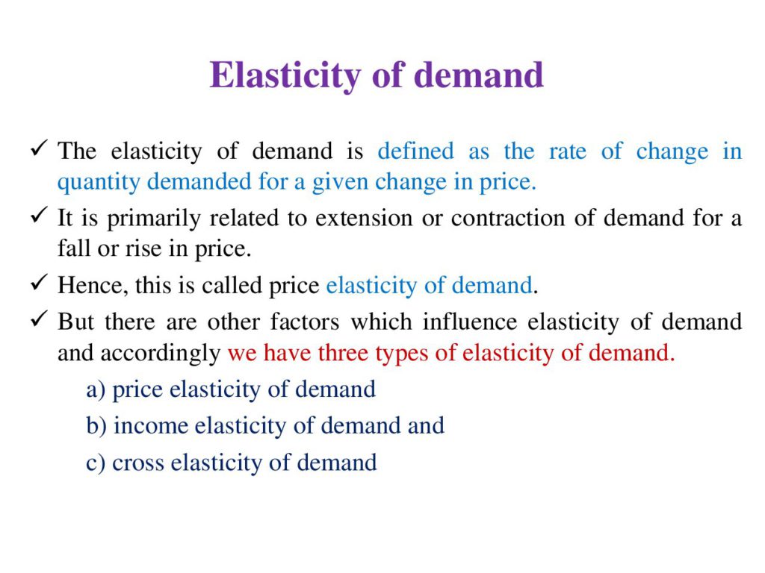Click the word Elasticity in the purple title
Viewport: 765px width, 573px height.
285,76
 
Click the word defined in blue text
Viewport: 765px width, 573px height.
415,151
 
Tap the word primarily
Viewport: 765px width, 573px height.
154,219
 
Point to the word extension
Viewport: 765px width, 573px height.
364,218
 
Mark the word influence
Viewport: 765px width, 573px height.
470,322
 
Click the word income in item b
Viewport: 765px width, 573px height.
151,426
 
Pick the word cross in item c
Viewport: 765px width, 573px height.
137,463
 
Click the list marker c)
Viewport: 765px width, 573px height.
95,463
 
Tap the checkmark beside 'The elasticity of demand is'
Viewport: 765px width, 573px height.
39,148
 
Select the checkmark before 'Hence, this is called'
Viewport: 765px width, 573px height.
39,282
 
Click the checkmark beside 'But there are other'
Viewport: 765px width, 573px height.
39,319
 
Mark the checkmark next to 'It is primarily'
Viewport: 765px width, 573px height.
39,215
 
